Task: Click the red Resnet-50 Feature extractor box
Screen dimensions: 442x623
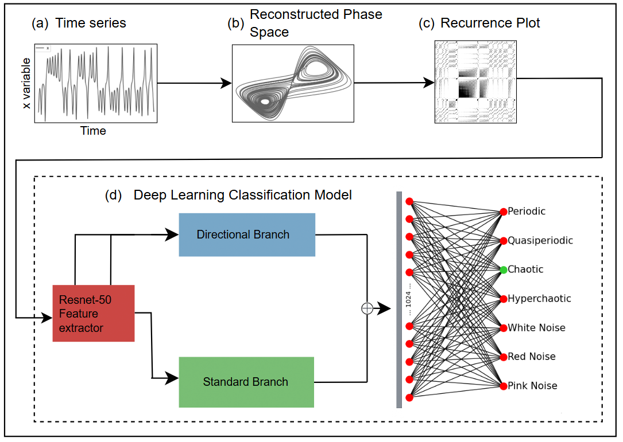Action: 93,313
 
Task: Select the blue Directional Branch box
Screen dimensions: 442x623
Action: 247,234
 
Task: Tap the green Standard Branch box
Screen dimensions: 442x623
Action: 246,382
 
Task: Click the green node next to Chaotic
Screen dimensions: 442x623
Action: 504,269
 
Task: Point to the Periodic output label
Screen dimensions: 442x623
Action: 527,211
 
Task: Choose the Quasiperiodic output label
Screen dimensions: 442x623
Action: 540,240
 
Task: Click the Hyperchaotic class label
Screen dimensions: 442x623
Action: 539,299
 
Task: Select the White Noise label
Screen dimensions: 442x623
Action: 536,328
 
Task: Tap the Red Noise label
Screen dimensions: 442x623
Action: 531,357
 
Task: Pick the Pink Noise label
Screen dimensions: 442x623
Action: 532,386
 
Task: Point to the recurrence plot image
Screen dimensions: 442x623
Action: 476,81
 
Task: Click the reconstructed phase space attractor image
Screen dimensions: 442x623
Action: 292,83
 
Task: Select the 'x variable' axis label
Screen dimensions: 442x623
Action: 26,84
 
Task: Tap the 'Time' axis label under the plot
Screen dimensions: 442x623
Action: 93,131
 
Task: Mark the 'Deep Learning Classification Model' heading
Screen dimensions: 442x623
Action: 242,195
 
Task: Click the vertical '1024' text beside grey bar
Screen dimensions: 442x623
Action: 409,298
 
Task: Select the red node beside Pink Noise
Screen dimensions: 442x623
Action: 504,386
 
